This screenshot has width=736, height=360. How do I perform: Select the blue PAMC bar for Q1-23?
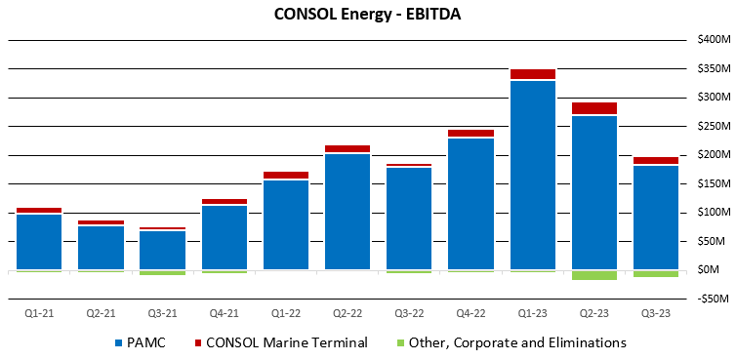point(532,176)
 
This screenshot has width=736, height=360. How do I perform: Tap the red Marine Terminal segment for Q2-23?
point(593,108)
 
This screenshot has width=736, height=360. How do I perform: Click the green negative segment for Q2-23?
point(593,275)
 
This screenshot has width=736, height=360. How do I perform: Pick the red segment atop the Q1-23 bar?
point(532,74)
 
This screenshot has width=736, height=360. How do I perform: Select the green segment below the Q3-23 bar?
point(655,274)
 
